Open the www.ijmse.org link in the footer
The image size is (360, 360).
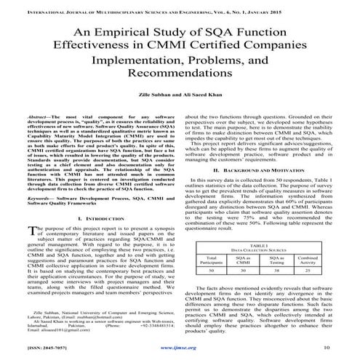[x=179, y=348]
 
